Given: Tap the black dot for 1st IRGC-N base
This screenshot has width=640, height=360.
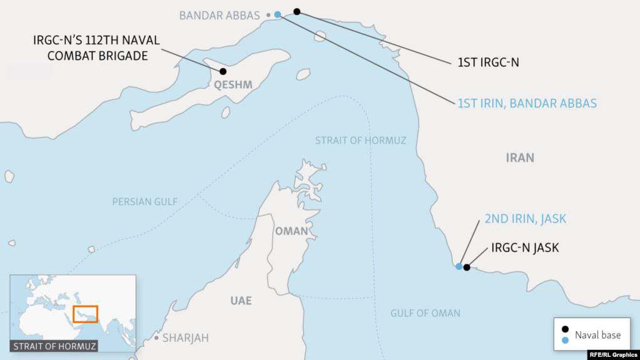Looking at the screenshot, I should (297, 11).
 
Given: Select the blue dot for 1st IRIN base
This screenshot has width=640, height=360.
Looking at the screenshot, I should (278, 14).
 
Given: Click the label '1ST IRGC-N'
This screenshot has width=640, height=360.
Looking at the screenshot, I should (489, 63).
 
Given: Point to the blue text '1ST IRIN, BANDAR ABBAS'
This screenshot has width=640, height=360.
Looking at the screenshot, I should (527, 103).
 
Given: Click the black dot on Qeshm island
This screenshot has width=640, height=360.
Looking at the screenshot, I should (223, 71).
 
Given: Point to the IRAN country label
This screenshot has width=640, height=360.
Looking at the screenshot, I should (520, 158).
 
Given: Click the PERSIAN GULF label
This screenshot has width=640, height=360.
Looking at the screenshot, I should (145, 202).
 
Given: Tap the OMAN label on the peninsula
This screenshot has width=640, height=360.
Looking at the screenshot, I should (291, 231).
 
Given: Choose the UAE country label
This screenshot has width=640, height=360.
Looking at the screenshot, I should (241, 301).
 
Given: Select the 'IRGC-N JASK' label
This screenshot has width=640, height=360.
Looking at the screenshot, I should (525, 248).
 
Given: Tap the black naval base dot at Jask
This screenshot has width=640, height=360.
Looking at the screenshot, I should (467, 267).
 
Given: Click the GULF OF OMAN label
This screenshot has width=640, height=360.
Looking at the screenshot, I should (425, 313).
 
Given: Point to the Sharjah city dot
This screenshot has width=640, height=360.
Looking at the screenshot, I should (156, 337).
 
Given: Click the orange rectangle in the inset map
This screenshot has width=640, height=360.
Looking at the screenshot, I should (85, 313).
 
